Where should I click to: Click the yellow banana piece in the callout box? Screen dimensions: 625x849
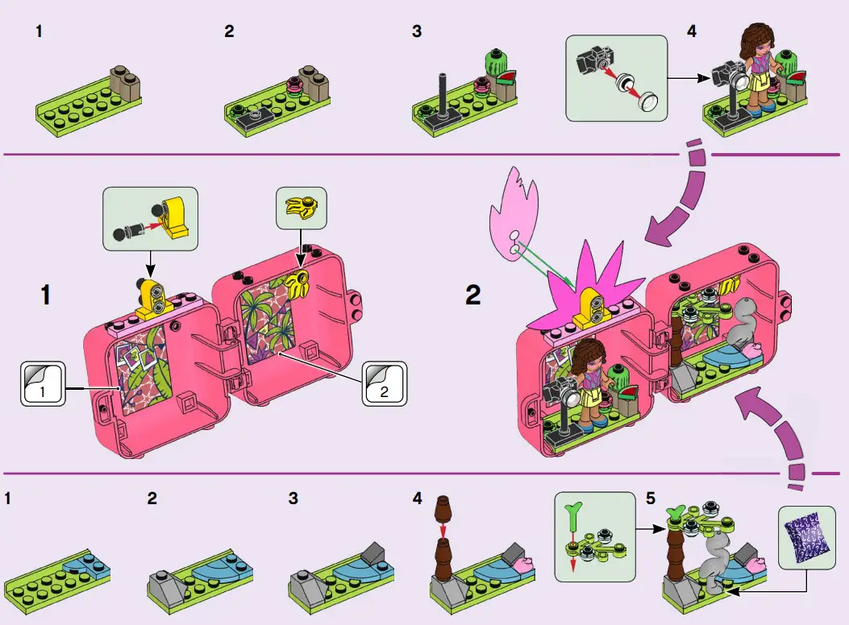tap(300, 205)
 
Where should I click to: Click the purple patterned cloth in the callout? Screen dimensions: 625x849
tap(807, 533)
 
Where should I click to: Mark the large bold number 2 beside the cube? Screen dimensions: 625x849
tap(473, 295)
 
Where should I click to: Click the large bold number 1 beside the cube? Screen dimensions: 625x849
tap(48, 295)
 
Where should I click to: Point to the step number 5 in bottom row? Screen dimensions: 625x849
tap(651, 499)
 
